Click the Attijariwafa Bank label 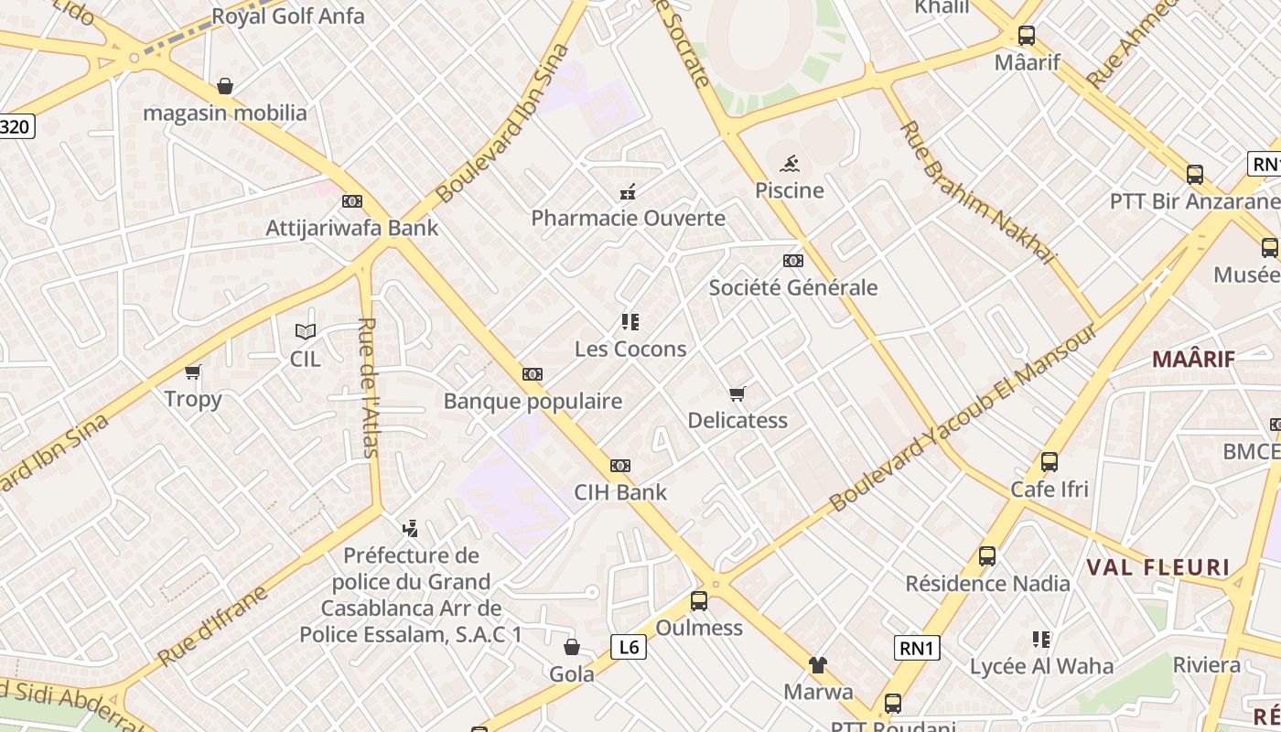[x=352, y=228]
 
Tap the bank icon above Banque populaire [x=533, y=374]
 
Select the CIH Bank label [x=620, y=492]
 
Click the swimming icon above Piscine [x=790, y=165]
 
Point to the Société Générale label [x=793, y=287]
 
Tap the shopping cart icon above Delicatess [x=737, y=394]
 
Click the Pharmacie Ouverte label [x=629, y=218]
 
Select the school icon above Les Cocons [x=630, y=322]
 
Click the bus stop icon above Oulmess [x=699, y=601]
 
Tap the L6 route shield [x=629, y=648]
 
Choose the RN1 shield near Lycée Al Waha [x=917, y=649]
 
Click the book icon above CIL [x=306, y=332]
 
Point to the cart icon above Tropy [x=193, y=372]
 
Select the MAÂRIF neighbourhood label [x=1193, y=359]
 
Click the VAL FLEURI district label [x=1158, y=567]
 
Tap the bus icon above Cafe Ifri [x=1050, y=462]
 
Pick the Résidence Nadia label [x=987, y=583]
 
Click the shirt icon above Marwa [x=818, y=665]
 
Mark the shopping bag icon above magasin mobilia [x=225, y=87]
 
